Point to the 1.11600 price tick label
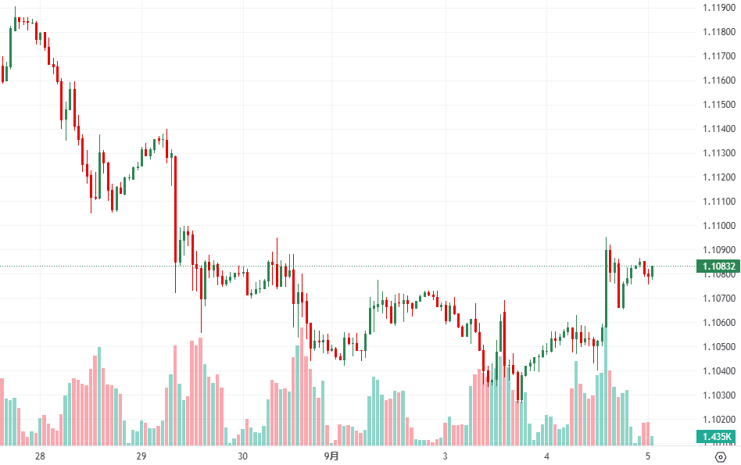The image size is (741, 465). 718,80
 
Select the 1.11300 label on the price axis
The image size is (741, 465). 718,153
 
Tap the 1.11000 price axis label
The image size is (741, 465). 718,226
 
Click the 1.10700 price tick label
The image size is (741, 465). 718,299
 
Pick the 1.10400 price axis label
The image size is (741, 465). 718,371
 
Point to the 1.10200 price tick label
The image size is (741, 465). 718,420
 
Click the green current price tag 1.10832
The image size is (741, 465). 718,266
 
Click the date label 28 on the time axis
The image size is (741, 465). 41,456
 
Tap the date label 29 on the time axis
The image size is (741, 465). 141,456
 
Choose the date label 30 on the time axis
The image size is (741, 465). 242,456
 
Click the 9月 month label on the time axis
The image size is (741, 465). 333,456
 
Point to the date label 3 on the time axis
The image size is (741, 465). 445,456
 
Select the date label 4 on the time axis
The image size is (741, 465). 547,456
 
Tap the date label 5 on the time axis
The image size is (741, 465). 648,456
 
